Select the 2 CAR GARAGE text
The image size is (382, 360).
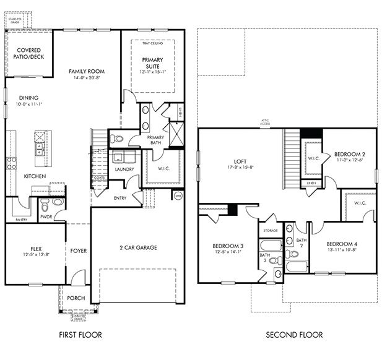138,247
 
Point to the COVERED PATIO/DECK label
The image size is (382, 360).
28,53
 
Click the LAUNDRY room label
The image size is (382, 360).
124,168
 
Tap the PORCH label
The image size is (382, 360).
76,298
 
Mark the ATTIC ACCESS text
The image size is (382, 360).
265,122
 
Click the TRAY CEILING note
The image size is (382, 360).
153,44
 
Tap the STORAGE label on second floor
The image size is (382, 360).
271,231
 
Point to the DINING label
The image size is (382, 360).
28,97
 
